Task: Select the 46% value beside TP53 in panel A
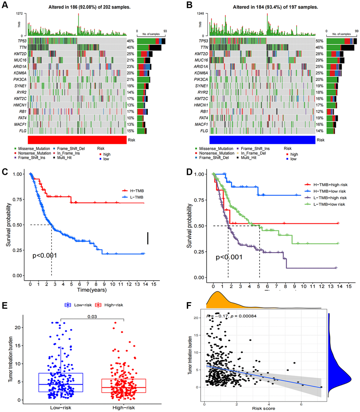(131, 41)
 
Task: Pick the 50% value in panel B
(320, 41)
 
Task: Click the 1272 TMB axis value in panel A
(22, 13)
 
